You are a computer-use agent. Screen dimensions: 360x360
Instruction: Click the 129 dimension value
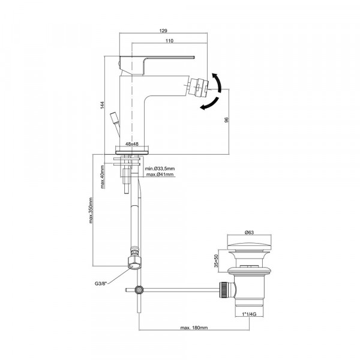click(x=163, y=31)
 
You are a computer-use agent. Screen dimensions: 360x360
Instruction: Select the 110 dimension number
click(x=169, y=41)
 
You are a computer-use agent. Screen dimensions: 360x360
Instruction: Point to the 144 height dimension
click(x=102, y=105)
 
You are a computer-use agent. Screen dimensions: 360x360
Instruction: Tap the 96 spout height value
click(x=226, y=120)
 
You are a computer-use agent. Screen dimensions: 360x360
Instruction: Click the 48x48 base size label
click(x=132, y=144)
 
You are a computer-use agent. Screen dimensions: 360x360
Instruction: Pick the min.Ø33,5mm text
click(x=160, y=169)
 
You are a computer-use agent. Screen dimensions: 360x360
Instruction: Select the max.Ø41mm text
click(x=160, y=175)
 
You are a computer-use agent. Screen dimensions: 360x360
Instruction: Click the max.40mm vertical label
click(x=103, y=177)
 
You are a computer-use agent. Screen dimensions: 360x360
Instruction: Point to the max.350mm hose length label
click(x=91, y=211)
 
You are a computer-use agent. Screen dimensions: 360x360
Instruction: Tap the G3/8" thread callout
click(x=101, y=283)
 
